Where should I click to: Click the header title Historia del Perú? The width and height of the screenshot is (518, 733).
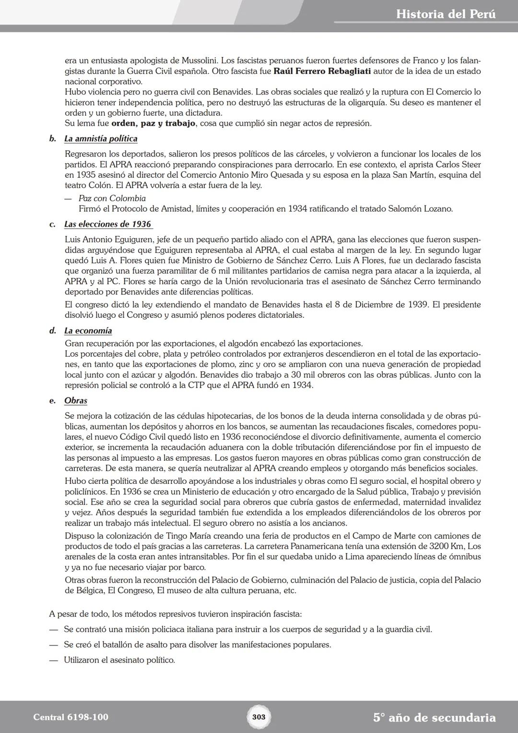point(446,14)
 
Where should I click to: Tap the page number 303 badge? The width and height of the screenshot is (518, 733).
point(259,717)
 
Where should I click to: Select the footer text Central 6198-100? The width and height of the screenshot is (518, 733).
point(71,717)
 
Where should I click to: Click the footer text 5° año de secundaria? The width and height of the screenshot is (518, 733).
point(434,718)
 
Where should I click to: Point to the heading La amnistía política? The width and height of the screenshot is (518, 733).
point(101,139)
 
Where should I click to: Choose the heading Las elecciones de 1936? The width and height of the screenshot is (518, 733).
point(107,224)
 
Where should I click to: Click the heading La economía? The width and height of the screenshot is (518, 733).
point(88,331)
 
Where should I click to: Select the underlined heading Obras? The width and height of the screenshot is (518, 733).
point(76,400)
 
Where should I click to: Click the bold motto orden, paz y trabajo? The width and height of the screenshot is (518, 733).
point(153,123)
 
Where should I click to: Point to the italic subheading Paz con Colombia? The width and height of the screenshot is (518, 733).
point(112,198)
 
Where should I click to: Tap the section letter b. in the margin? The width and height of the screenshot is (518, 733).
point(53,139)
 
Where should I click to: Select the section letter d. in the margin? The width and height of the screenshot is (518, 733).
point(53,331)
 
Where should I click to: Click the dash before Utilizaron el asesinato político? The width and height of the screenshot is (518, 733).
point(53,660)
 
